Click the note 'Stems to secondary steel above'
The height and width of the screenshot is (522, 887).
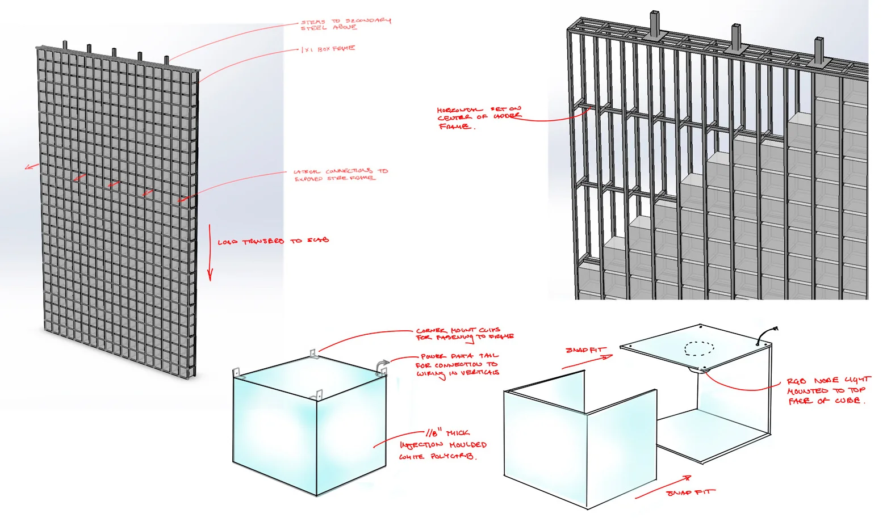(345, 24)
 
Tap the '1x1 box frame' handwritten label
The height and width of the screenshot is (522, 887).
(328, 49)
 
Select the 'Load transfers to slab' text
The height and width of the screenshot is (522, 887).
(273, 241)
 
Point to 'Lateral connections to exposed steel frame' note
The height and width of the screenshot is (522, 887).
(340, 175)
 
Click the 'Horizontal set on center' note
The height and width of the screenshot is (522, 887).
(478, 117)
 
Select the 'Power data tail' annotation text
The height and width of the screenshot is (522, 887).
(458, 364)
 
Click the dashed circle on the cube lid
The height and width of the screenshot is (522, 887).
(700, 348)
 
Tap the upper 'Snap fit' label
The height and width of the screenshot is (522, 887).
(585, 350)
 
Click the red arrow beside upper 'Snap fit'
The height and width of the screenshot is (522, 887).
(588, 362)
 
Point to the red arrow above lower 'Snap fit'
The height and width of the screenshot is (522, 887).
(663, 487)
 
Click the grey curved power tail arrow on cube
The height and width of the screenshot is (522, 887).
(384, 364)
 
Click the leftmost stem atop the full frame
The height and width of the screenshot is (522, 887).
(65, 45)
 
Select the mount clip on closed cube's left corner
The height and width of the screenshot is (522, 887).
(237, 373)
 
